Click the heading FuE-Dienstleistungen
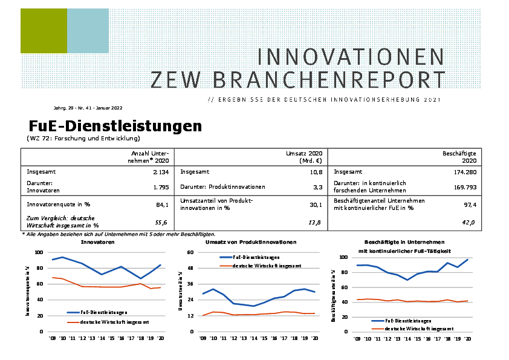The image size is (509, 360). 115,126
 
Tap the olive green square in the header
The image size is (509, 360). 44,31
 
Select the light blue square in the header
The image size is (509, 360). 88,31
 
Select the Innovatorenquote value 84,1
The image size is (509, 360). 162,205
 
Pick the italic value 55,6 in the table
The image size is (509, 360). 162,223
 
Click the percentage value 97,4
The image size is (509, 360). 469,205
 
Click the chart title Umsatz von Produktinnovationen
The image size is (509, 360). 250,242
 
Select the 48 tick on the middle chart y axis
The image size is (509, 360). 190,268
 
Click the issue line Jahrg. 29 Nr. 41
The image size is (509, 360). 88,108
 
